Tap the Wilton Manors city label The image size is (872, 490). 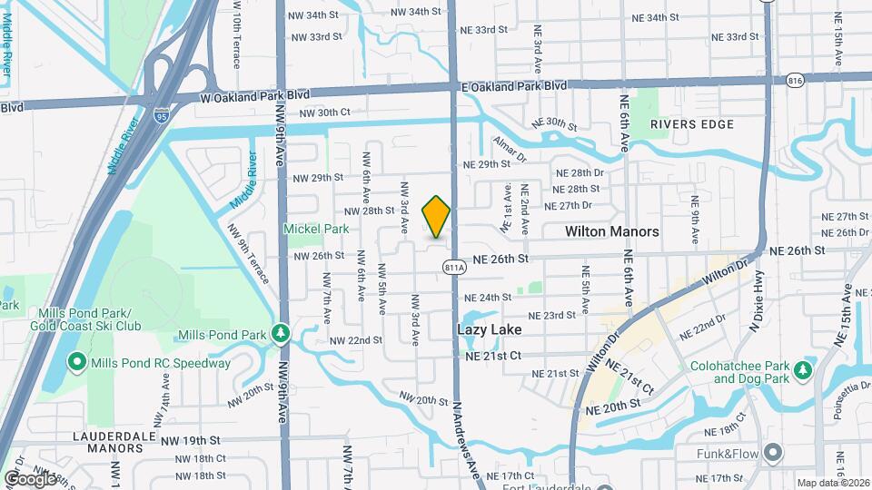[x=611, y=231]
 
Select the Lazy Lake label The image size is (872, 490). [x=490, y=329]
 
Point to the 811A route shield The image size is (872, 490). [x=455, y=267]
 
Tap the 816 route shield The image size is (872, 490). [x=797, y=81]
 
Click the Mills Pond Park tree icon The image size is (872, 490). [x=282, y=334]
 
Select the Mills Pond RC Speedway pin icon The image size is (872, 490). [x=77, y=363]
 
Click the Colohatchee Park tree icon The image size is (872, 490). [x=802, y=370]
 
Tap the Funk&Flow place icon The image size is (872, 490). [x=773, y=452]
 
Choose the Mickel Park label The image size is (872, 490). [x=316, y=230]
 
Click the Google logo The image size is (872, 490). [x=30, y=478]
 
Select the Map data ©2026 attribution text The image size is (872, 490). [x=830, y=483]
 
